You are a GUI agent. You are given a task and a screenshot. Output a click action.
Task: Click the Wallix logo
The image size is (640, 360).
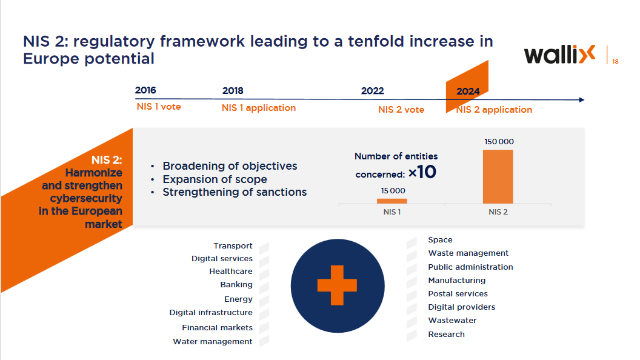[x=559, y=55]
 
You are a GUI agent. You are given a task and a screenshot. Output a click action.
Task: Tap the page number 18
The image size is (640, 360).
[x=615, y=62]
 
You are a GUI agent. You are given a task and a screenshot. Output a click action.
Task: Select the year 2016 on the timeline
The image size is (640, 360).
[x=145, y=90]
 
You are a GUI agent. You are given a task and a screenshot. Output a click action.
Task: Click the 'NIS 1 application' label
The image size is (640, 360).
[x=259, y=108]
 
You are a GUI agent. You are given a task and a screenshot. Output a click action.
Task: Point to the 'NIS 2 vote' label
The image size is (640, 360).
[x=401, y=110]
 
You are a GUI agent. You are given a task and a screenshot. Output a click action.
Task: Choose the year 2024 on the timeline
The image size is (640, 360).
[x=468, y=92]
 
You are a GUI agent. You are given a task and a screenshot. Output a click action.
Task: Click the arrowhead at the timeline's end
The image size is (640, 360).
[x=582, y=100]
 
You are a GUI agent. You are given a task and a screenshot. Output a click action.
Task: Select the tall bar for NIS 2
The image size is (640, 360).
[x=498, y=176]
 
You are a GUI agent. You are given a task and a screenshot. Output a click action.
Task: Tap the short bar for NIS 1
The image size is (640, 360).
[x=392, y=201]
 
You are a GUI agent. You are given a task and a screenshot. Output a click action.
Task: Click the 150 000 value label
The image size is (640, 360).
[x=499, y=142]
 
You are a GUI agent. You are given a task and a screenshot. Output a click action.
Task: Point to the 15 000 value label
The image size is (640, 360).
[x=393, y=191]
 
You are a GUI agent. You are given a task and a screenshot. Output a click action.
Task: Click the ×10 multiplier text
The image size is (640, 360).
[x=422, y=172]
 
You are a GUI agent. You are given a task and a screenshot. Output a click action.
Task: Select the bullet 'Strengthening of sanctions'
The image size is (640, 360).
[x=235, y=192]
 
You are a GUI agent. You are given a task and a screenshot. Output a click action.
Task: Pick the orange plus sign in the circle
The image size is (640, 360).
[x=338, y=285]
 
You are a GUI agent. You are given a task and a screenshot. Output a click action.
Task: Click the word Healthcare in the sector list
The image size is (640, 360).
[x=231, y=272]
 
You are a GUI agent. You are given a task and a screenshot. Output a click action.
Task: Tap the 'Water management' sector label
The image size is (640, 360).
[x=213, y=342]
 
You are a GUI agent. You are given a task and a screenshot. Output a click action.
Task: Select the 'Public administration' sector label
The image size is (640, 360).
[x=470, y=267]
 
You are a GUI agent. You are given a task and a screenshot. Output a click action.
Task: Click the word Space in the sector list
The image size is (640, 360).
[x=440, y=240]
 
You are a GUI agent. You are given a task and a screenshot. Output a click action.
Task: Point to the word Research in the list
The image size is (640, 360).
[x=446, y=335]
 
